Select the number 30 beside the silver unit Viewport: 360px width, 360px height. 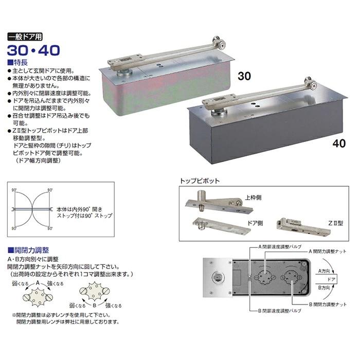pyautogui.click(x=244, y=76)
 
